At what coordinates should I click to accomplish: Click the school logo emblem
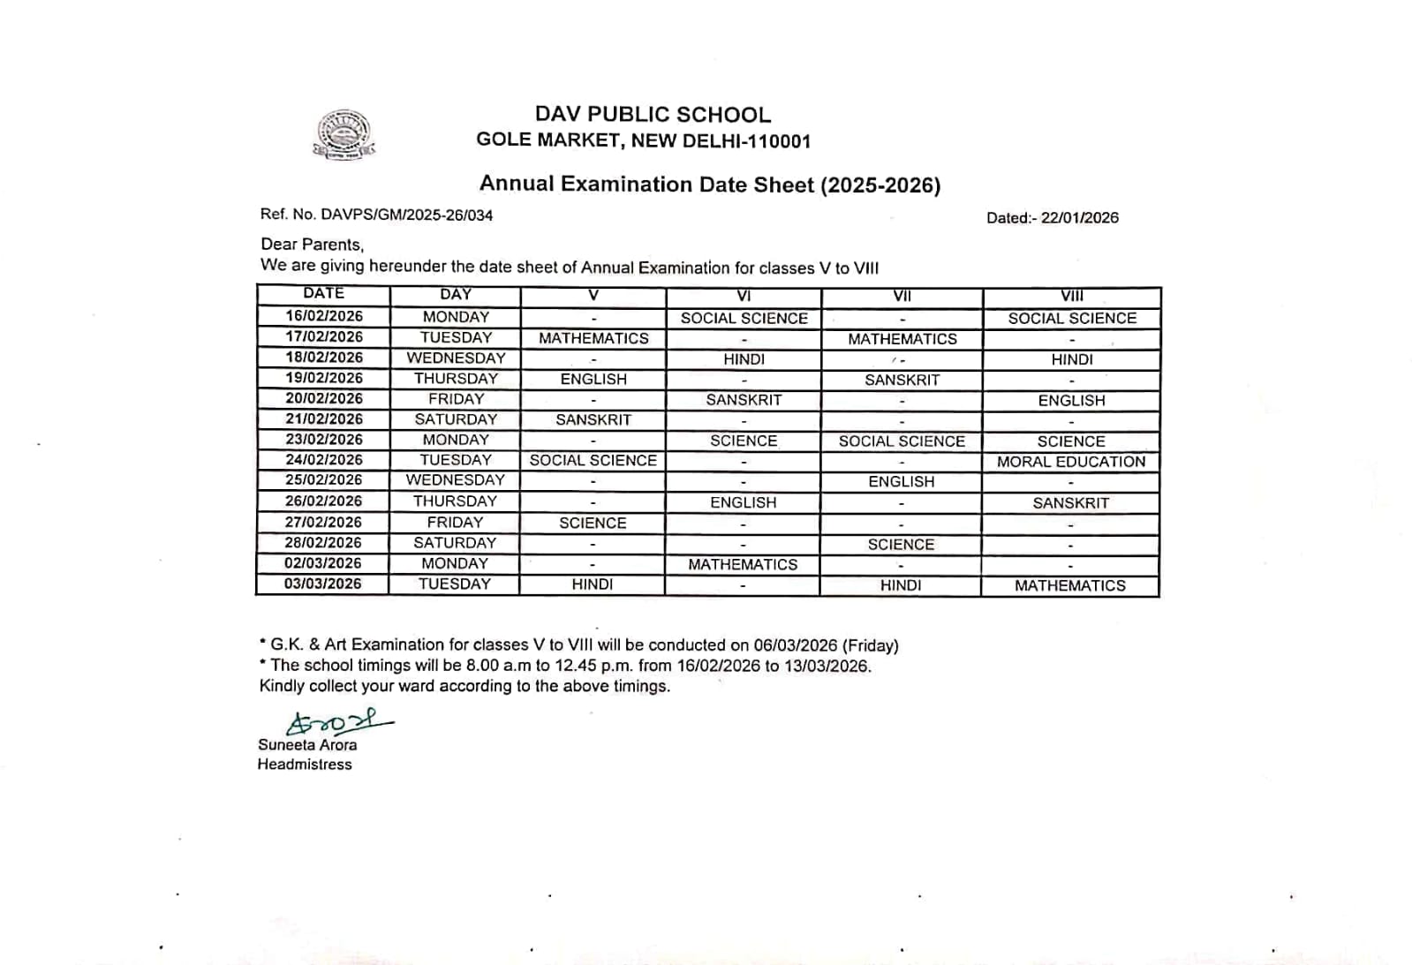tap(345, 134)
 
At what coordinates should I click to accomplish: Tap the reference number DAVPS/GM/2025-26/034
tap(406, 215)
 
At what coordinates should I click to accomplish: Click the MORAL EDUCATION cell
tap(1071, 462)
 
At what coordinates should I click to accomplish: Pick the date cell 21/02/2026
tap(324, 419)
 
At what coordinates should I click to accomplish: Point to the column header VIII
tap(1072, 297)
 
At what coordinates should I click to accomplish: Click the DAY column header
tap(456, 295)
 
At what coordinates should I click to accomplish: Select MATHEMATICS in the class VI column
tap(743, 565)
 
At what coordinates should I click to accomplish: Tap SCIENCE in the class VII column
tap(901, 545)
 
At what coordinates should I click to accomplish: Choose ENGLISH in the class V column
tap(593, 380)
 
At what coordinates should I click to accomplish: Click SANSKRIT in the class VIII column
tap(1071, 503)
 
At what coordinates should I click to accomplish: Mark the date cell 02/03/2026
tap(323, 563)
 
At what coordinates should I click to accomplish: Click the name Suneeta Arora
tap(307, 745)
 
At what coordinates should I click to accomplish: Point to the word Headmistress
tap(305, 765)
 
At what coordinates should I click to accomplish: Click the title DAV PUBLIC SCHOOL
tap(653, 115)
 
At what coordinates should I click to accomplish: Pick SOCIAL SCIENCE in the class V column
tap(593, 461)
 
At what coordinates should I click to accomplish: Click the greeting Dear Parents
tap(312, 245)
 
